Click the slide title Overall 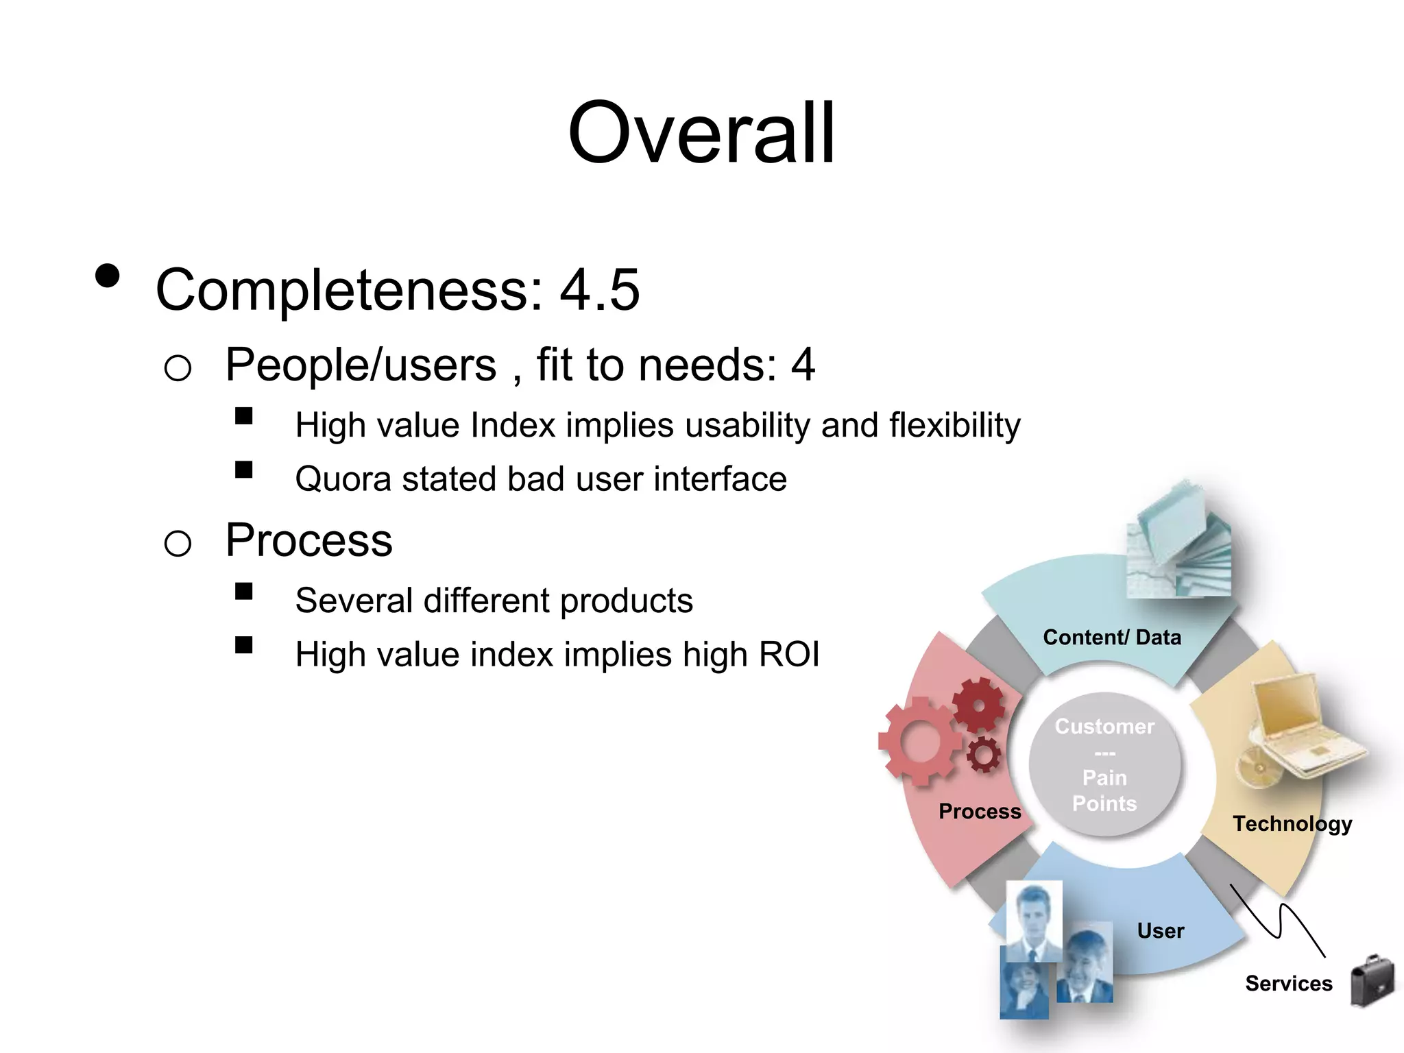pos(701,134)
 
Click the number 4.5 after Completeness pos(599,290)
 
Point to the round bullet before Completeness pos(108,276)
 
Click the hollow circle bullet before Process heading pos(178,544)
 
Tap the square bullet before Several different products pos(243,591)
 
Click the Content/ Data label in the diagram pos(1112,638)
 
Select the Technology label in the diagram pos(1292,823)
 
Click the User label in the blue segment pos(1160,931)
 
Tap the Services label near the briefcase pos(1288,984)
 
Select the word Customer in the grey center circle pos(1104,727)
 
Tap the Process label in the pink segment pos(980,812)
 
